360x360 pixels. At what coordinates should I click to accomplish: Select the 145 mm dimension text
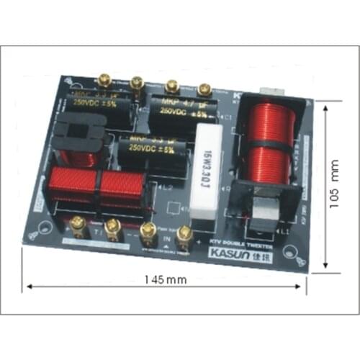click(166, 279)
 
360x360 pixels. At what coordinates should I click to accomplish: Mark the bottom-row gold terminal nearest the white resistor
click(184, 233)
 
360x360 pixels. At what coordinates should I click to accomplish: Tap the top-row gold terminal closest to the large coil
click(204, 89)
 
